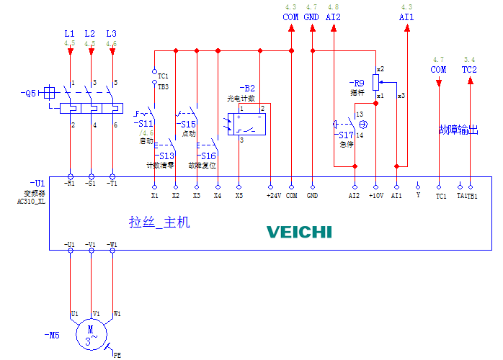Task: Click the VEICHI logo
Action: coord(299,232)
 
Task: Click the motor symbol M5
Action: coord(91,333)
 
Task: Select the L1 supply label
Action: coord(69,34)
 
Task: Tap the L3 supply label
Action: coord(111,34)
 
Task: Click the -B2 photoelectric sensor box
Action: coord(248,120)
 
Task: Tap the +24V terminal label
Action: coord(271,195)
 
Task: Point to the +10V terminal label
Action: coord(376,195)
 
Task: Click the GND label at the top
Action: coord(311,17)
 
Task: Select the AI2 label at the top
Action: coord(333,17)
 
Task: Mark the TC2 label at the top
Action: coord(469,70)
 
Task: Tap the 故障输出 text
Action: coord(458,130)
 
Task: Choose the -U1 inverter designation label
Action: coord(37,184)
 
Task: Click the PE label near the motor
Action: coord(117,354)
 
